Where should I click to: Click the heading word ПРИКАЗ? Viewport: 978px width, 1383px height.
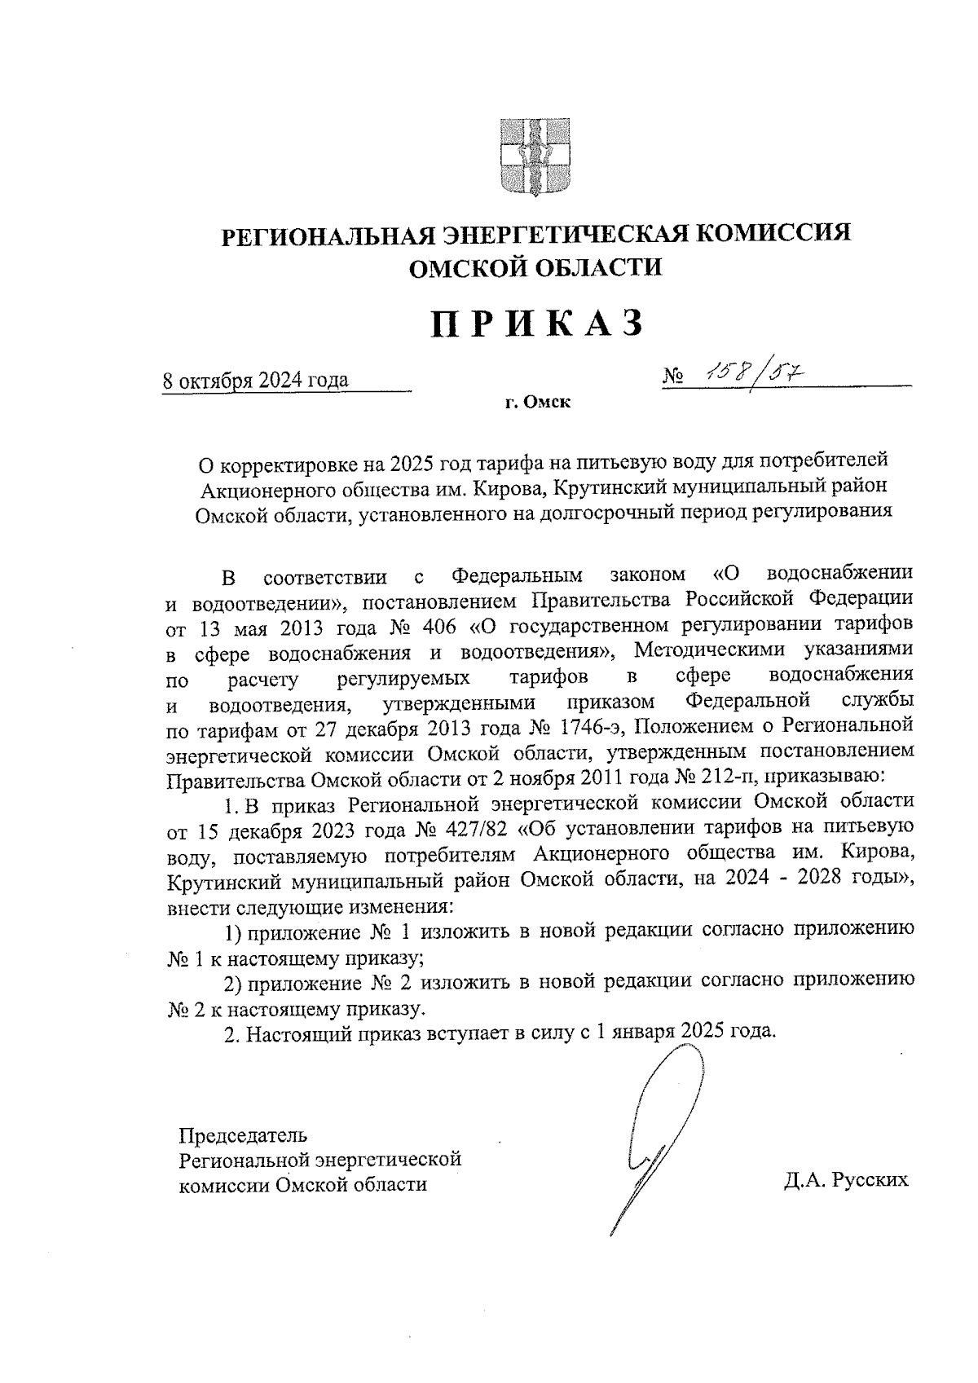click(x=537, y=324)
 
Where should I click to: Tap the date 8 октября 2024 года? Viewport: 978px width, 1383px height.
click(x=256, y=381)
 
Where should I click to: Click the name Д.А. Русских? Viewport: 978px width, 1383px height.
click(x=846, y=1181)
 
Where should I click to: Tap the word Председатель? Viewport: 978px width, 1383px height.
click(x=244, y=1134)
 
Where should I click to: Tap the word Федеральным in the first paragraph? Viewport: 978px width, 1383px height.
click(x=517, y=576)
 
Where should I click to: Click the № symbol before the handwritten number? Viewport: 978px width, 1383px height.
click(x=673, y=377)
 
